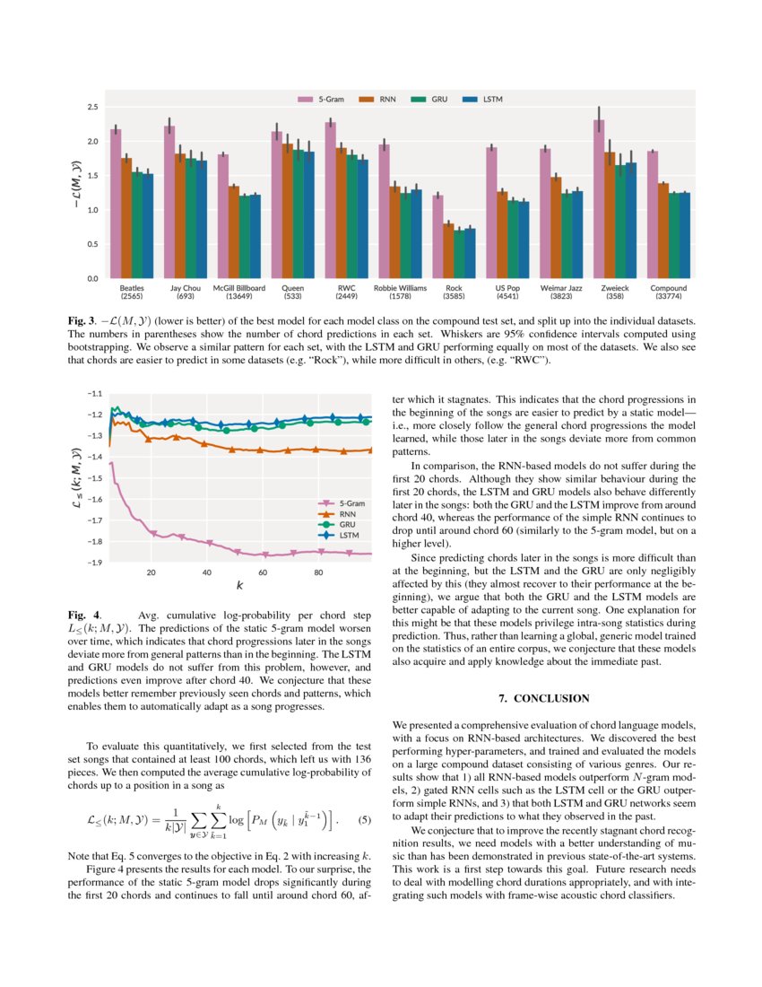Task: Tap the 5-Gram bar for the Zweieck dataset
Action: click(x=599, y=198)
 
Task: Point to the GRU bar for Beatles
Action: click(x=137, y=224)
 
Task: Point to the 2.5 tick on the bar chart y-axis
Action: click(x=91, y=107)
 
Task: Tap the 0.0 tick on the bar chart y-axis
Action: click(x=91, y=278)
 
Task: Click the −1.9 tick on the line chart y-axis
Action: click(x=94, y=563)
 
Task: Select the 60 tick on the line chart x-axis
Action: click(x=263, y=572)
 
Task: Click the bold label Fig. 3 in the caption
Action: click(x=82, y=320)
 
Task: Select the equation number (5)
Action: click(x=364, y=819)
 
